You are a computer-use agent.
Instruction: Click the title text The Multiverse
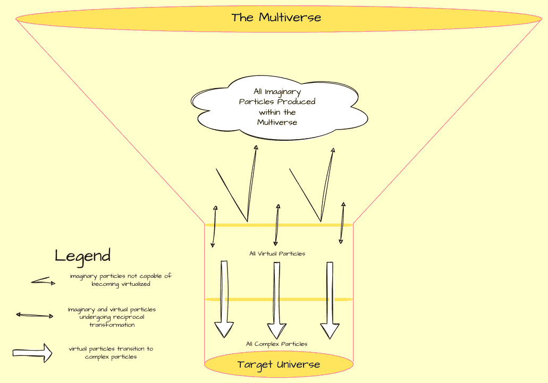(x=276, y=17)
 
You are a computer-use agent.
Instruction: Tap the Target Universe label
(x=279, y=364)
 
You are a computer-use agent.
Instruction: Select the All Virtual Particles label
(x=277, y=253)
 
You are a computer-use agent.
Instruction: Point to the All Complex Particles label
(x=276, y=344)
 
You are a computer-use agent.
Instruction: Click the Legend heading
(x=82, y=256)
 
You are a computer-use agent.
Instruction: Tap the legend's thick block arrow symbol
(x=32, y=353)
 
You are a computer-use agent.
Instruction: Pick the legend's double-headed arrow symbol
(x=35, y=316)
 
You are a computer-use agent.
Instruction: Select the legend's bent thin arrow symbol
(x=43, y=282)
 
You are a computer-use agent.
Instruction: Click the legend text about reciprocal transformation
(x=112, y=317)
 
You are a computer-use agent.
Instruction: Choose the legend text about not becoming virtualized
(x=121, y=280)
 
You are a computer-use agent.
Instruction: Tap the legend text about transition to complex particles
(x=111, y=353)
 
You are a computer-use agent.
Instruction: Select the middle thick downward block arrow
(x=276, y=300)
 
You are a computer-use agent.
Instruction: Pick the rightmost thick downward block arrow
(x=330, y=300)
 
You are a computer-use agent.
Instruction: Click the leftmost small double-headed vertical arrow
(x=214, y=226)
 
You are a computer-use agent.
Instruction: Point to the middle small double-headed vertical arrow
(x=276, y=225)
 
